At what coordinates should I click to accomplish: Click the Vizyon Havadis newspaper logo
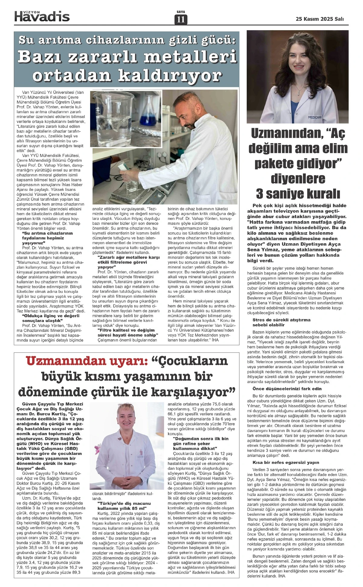click(42, 15)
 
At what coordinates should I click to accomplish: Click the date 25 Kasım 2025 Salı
click(320, 19)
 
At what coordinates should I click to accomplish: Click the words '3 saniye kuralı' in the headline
click(298, 193)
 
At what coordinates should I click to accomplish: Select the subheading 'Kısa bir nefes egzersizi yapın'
click(286, 463)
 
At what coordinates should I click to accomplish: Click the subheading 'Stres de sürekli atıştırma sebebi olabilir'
click(282, 322)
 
